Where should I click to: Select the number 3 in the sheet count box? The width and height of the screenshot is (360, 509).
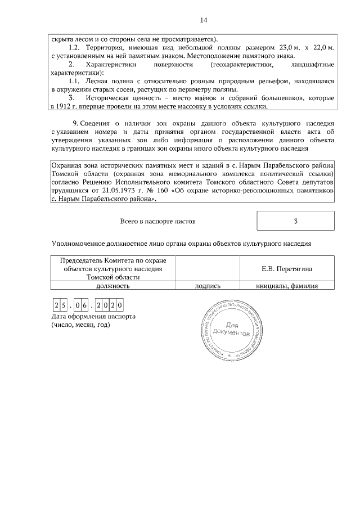tap(295, 221)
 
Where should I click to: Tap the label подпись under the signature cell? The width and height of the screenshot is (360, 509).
tap(208, 286)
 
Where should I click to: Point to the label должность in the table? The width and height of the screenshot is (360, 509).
tap(112, 286)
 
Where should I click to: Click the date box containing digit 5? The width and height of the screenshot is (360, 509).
tap(65, 305)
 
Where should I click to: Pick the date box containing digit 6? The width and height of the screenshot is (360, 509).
tap(90, 305)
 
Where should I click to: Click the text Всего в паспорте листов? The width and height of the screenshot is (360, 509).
tap(158, 222)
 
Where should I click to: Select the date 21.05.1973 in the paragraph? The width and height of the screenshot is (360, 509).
tap(130, 192)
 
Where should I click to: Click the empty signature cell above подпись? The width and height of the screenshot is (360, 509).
tap(208, 269)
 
